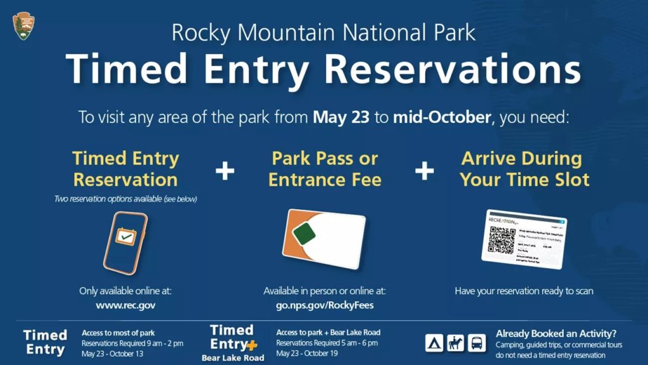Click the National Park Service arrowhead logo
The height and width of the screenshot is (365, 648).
[x=23, y=26]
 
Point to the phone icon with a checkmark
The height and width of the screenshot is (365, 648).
[x=125, y=243]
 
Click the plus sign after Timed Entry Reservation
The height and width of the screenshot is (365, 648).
[x=225, y=170]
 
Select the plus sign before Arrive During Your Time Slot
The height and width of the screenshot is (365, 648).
[x=424, y=170]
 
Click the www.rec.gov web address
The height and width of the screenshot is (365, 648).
[x=125, y=305]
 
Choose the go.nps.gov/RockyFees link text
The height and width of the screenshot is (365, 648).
[x=324, y=305]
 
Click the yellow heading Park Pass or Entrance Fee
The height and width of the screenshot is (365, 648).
[x=325, y=169]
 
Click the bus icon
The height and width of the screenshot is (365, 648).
[x=477, y=343]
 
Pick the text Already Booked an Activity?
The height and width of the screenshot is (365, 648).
[x=556, y=333]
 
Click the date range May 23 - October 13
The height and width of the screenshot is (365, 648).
[x=112, y=354]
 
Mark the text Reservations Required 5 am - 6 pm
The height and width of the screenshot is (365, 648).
[x=327, y=343]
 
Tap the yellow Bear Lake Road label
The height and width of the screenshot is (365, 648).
[x=234, y=357]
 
